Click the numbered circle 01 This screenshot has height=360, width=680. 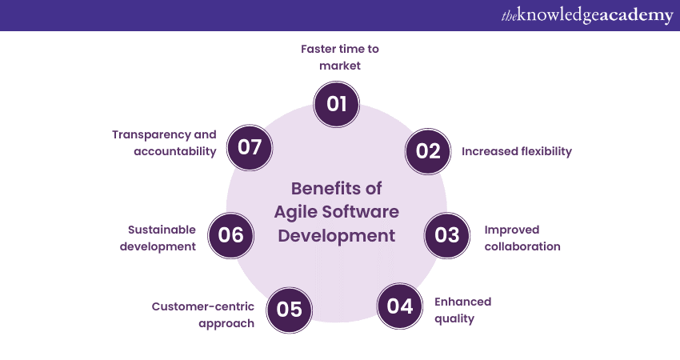tap(337, 104)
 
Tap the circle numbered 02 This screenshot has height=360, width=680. tap(428, 151)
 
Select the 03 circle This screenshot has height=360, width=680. tap(446, 235)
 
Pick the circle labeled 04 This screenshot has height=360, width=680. tap(399, 306)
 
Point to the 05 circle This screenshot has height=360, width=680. tap(290, 310)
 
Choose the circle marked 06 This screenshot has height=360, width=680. tap(230, 235)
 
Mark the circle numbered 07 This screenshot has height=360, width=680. tap(250, 147)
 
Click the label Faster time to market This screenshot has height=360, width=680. tap(340, 58)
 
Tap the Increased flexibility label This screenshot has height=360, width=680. tap(517, 151)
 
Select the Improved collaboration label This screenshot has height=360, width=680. tap(522, 238)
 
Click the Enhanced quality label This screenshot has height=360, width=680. tap(462, 310)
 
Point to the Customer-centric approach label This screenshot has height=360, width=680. tap(203, 315)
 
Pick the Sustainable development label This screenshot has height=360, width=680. tap(158, 238)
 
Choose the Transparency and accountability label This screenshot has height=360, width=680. tap(164, 143)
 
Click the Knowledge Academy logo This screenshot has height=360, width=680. tap(587, 15)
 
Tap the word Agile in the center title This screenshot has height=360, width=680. tap(294, 212)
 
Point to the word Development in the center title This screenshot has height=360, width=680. tap(337, 236)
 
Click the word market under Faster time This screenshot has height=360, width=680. tap(340, 66)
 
